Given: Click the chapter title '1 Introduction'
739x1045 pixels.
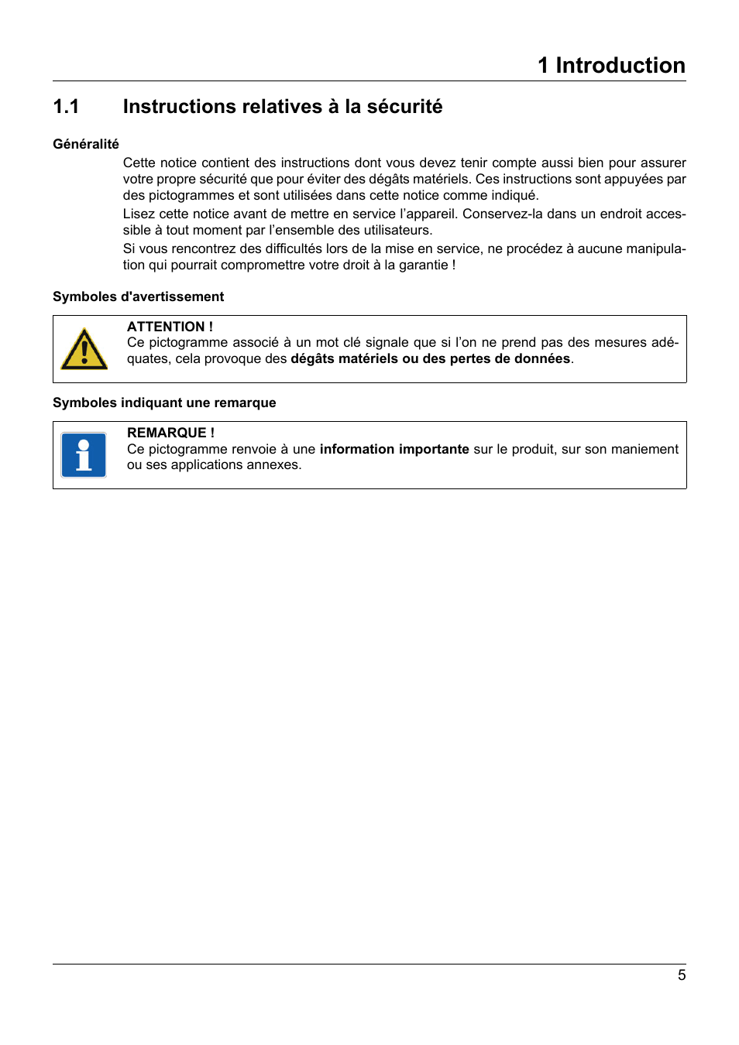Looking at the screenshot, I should (x=611, y=65).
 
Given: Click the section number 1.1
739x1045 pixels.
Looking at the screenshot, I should (x=66, y=107).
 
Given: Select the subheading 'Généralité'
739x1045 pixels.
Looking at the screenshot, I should (x=86, y=144).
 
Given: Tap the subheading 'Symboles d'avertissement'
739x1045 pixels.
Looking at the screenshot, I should (x=138, y=296).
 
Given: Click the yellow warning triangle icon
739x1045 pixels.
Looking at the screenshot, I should (x=84, y=350).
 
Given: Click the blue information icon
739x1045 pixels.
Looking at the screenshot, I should (x=84, y=455).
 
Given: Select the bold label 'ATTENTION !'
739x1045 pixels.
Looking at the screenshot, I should (x=170, y=327).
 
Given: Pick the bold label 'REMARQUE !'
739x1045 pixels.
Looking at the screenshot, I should (x=170, y=433).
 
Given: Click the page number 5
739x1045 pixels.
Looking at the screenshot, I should (x=682, y=975).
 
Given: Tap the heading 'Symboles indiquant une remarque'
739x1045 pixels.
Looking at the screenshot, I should (x=164, y=403).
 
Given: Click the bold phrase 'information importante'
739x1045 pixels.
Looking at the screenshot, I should (x=394, y=449).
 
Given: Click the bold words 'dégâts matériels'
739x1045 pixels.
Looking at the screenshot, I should (x=344, y=358).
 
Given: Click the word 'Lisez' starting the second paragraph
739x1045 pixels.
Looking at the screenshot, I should (x=139, y=214).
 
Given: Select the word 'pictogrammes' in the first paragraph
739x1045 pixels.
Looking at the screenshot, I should (x=191, y=195).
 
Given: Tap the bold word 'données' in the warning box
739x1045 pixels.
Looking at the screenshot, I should (x=542, y=358).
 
